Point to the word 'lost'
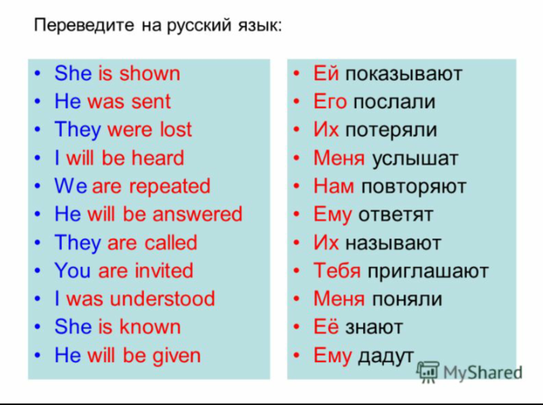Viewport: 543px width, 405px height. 176,130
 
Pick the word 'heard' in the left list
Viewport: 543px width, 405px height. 157,158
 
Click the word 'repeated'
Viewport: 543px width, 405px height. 170,186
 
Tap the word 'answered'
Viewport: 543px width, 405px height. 197,215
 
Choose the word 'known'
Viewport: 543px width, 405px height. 150,327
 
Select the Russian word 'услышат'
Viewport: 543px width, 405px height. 415,159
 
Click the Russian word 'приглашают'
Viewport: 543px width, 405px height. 427,271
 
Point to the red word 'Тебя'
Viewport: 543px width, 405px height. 337,271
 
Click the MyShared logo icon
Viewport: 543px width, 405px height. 428,371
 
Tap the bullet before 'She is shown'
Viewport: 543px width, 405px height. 41,73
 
